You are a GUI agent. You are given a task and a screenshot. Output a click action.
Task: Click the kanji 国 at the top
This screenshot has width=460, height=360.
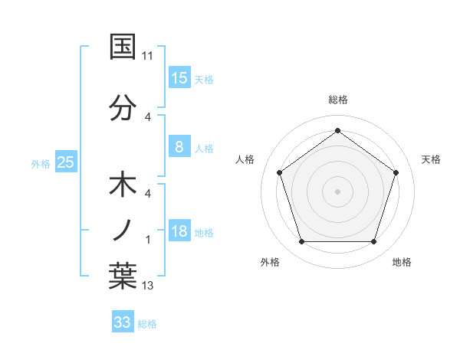point(123,47)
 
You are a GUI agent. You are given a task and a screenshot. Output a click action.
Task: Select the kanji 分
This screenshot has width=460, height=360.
point(123,107)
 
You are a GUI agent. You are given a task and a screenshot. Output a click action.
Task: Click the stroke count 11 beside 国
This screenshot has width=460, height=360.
point(148,56)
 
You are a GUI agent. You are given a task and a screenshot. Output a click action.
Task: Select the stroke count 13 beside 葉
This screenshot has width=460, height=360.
point(148,286)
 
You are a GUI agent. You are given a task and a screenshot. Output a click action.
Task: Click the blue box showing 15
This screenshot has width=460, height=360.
point(179,77)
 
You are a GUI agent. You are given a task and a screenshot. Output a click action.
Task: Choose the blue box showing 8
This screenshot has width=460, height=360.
point(179,147)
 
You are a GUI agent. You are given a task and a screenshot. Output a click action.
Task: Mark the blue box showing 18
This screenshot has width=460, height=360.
point(179,231)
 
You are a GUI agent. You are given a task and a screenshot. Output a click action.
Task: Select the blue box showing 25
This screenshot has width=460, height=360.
point(65,162)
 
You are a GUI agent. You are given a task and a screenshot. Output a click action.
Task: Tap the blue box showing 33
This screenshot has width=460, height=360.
point(123,322)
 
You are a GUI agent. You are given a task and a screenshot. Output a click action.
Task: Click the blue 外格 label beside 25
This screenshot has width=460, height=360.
point(41,163)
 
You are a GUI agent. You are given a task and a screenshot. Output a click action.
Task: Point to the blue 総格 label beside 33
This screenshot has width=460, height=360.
point(147,324)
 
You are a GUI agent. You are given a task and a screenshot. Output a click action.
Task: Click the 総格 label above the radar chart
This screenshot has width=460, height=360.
point(338,100)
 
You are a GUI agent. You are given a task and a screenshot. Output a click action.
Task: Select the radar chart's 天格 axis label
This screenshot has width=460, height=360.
point(431,159)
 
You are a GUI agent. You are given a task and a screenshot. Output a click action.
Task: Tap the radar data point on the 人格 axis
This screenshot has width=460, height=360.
point(280,172)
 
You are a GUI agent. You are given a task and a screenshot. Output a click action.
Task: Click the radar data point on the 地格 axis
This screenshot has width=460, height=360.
point(373,242)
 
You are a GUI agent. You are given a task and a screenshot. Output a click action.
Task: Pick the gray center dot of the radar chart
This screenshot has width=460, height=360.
point(338,191)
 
